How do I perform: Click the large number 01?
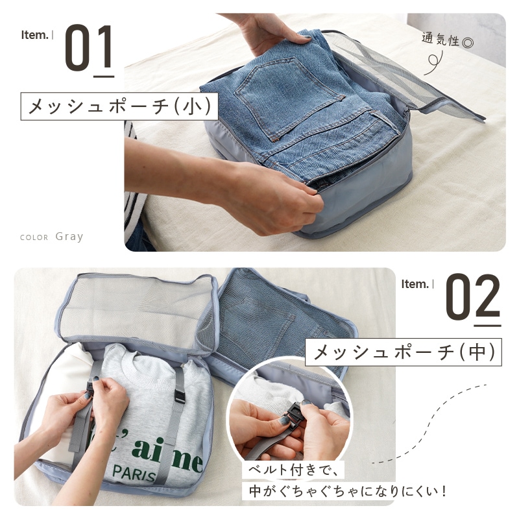tap(88, 48)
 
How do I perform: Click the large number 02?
tap(472, 297)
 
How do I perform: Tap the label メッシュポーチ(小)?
tap(119, 106)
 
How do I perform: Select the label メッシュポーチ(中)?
tap(403, 352)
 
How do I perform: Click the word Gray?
tap(69, 237)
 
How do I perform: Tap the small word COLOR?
tap(34, 237)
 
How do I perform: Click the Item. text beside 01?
tap(35, 35)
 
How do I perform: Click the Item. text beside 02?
tap(415, 284)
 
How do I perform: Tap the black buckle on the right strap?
tap(180, 395)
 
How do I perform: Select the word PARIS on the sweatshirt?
tap(134, 474)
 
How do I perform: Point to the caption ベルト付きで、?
tap(293, 470)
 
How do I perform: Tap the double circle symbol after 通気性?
tap(468, 43)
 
